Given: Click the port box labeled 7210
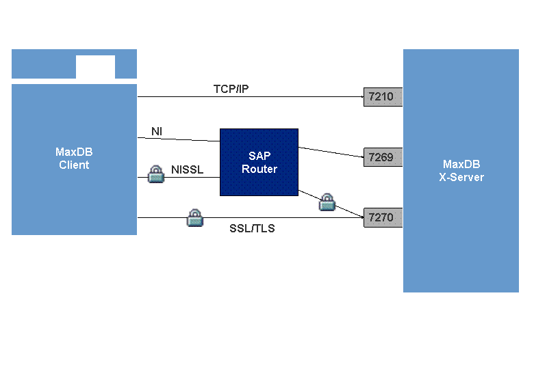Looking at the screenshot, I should point(381,97).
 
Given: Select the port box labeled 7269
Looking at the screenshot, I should point(381,158).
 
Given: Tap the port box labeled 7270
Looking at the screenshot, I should point(381,218).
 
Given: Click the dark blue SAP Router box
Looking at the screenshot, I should point(259,162).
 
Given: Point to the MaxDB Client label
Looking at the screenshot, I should point(74,159).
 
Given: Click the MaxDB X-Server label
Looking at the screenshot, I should point(461,171).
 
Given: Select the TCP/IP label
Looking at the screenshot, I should point(231,89).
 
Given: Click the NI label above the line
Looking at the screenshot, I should point(156,131).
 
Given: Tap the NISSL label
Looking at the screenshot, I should point(187,169).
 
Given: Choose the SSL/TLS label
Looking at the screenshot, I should point(252,228).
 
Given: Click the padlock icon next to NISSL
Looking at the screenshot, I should point(157,174).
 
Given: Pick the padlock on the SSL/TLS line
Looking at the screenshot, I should point(195,218).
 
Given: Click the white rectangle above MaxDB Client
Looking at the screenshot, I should point(95,67).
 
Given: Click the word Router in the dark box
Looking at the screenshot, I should point(259,169).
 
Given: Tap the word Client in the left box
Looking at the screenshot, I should point(74,165).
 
